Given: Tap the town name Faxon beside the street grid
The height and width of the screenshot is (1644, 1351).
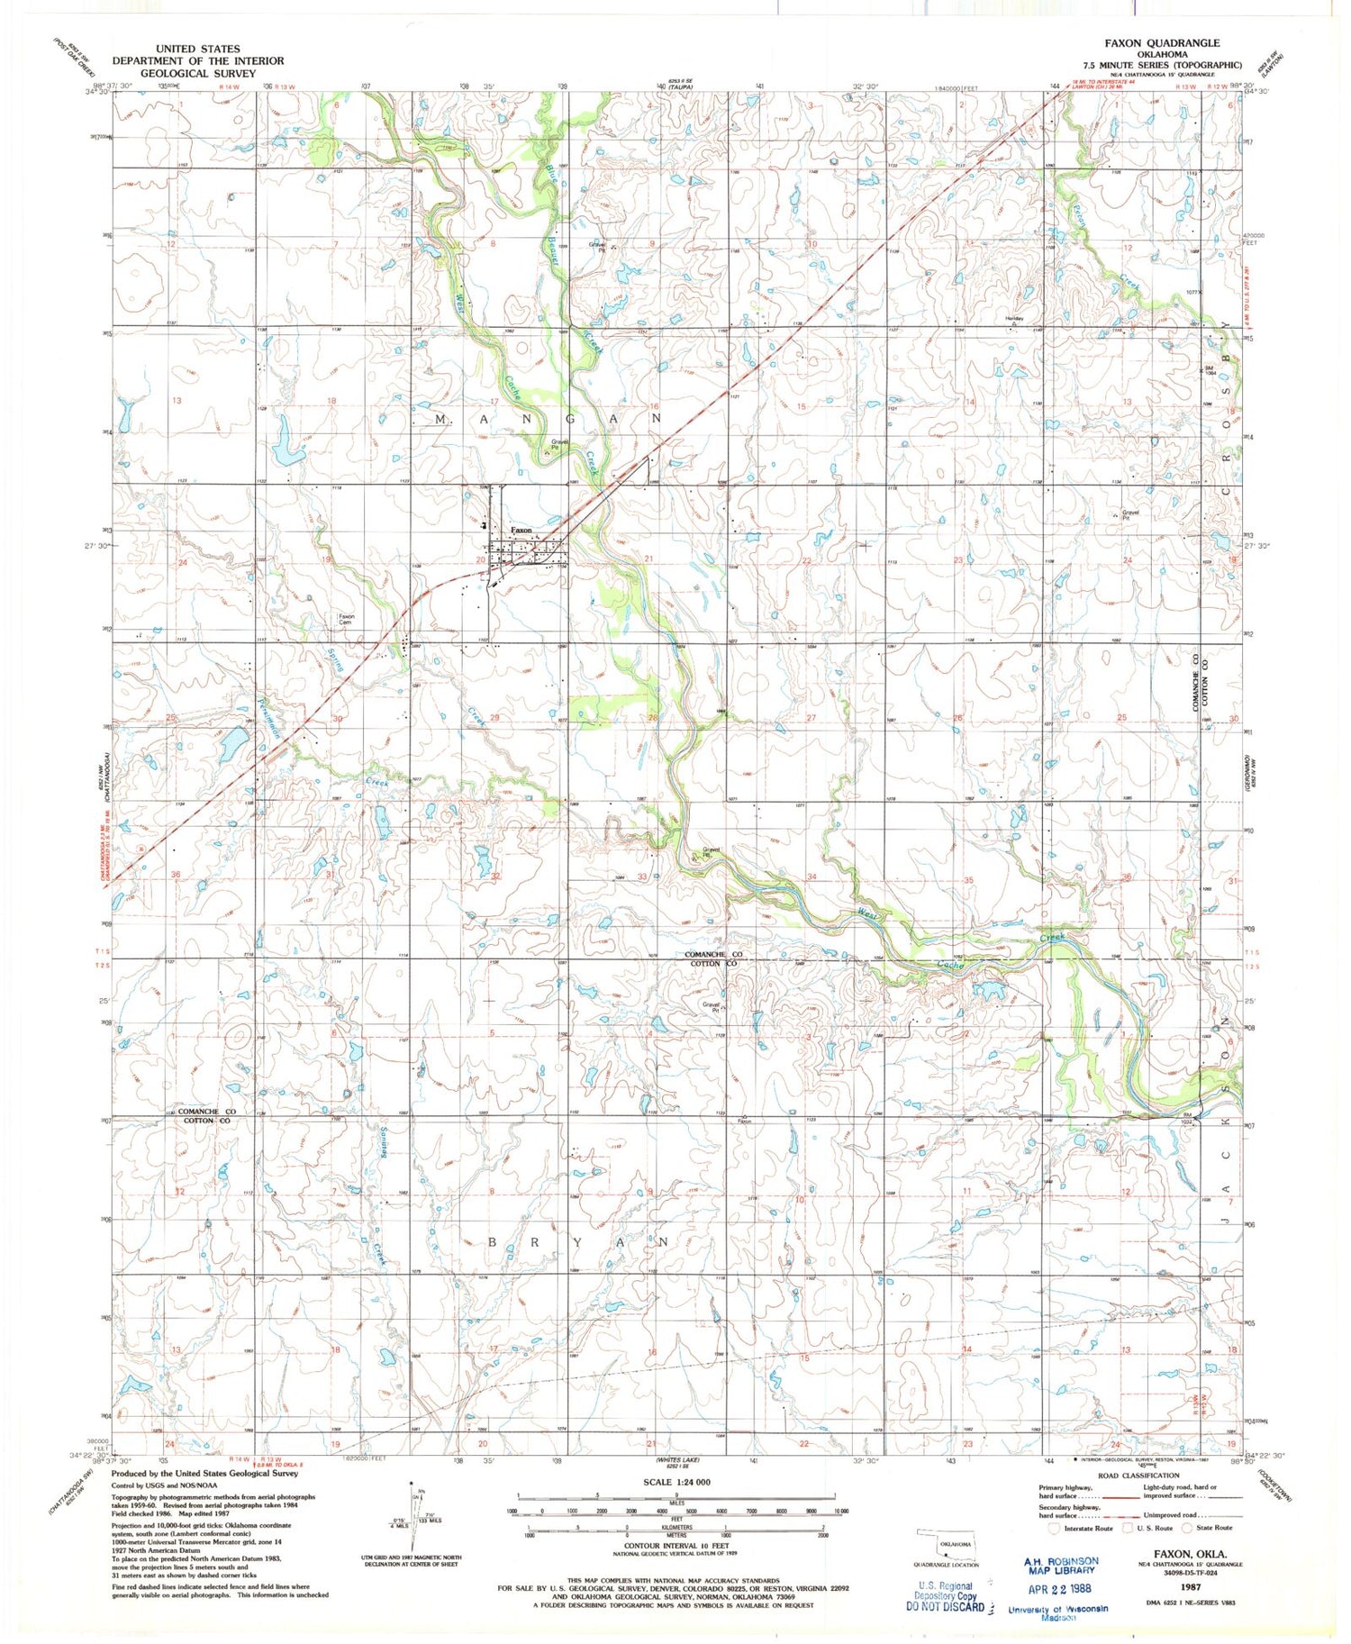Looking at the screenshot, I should [x=521, y=530].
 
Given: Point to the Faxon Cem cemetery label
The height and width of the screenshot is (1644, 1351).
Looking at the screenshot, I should [x=347, y=620].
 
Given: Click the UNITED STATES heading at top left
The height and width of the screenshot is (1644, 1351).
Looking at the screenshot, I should [x=197, y=49].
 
